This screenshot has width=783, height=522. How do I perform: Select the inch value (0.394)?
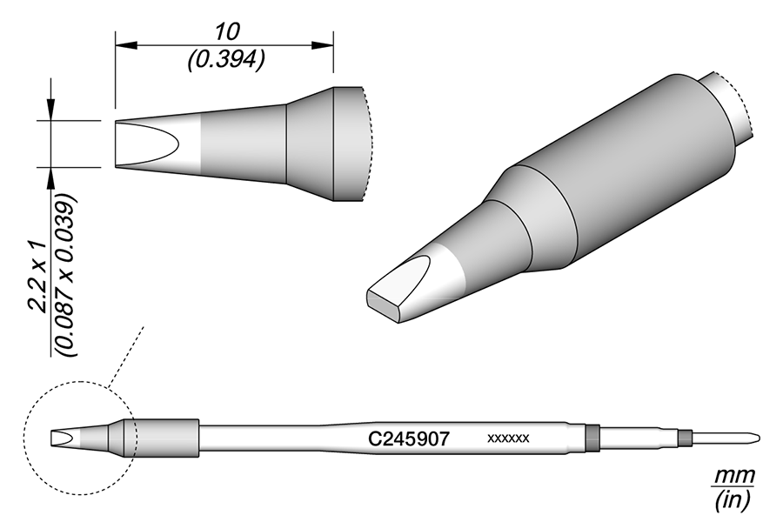[x=225, y=58]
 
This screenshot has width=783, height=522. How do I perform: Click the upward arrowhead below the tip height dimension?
[x=51, y=176]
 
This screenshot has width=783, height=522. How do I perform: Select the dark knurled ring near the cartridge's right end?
[x=593, y=437]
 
